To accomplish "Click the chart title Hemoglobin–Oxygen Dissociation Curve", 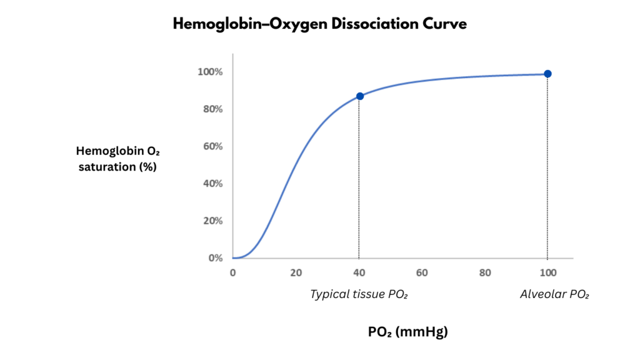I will coord(320,24).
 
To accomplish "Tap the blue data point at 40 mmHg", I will coord(359,96).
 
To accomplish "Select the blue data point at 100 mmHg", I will coord(547,74).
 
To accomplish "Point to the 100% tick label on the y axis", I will coord(210,72).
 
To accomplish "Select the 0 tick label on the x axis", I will coord(232,272).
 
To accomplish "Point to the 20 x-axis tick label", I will coord(296,272).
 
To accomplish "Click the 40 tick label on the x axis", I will coord(359,272).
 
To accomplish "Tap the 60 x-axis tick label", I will coord(422,272).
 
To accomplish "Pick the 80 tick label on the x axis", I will coord(484,272).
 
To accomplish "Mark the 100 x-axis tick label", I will coord(547,272).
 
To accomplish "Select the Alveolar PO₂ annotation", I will coord(554,294).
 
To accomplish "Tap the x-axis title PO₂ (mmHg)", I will coord(407,332).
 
